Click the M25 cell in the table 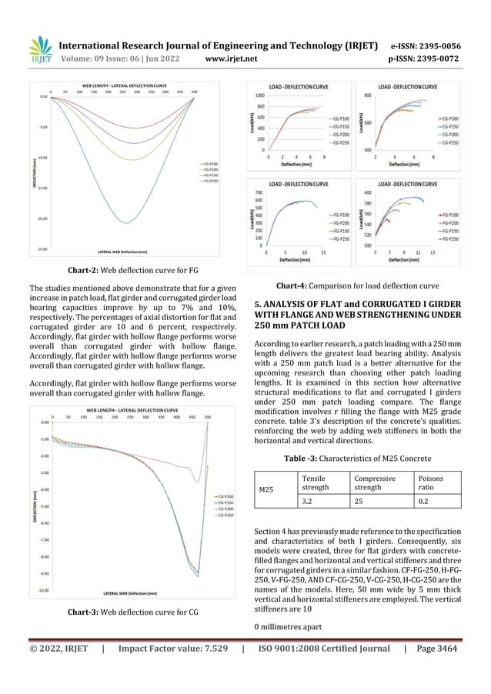[266, 489]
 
